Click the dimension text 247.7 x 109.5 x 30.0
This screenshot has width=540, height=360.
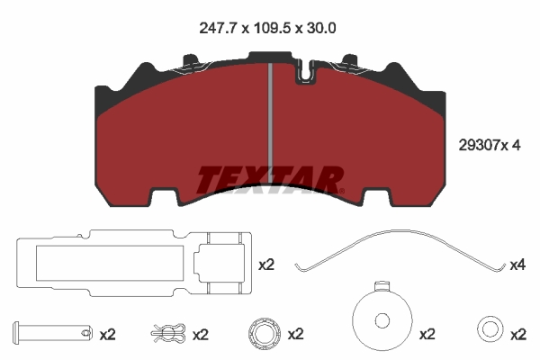pos(267,28)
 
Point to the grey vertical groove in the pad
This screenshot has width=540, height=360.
pos(270,117)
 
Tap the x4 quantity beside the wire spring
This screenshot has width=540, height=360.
pos(517,265)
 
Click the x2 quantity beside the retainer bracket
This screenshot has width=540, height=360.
pos(266,265)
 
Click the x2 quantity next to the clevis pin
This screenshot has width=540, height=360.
pos(107,334)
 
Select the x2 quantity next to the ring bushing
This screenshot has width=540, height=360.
pos(295,334)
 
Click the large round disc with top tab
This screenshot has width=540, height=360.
pos(382,319)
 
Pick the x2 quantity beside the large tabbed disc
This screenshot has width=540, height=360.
pos(427,334)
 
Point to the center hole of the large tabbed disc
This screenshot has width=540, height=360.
pos(382,321)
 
